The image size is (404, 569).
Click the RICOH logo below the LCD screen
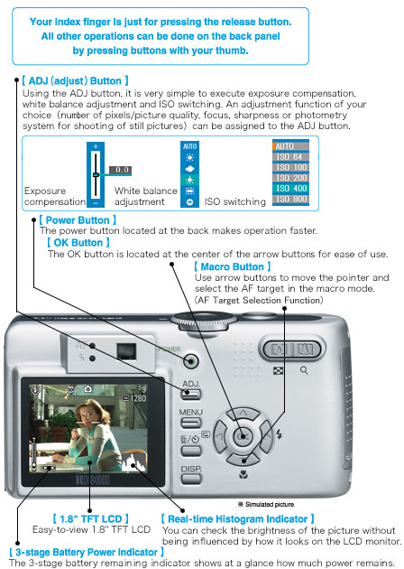(91, 480)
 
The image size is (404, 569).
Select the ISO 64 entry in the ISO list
(290, 155)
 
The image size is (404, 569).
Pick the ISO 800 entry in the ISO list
(290, 198)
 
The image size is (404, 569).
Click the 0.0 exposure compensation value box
(121, 169)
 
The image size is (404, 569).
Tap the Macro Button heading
(230, 266)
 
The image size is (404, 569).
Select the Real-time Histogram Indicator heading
(237, 518)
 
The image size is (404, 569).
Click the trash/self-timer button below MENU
(190, 442)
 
